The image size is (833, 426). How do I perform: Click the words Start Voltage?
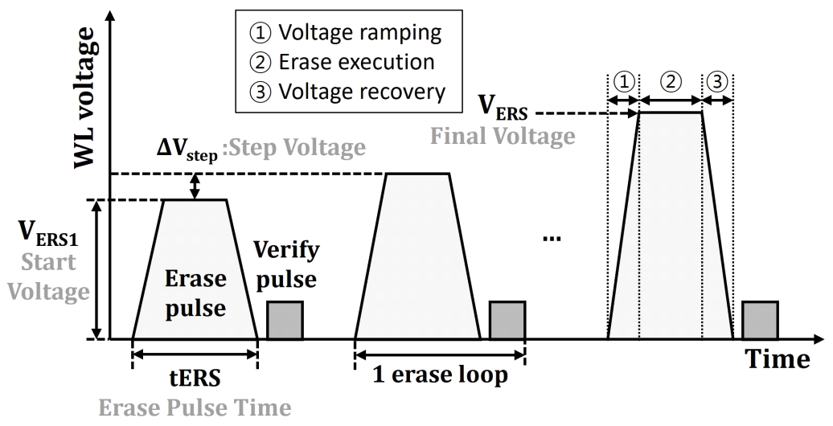(49, 276)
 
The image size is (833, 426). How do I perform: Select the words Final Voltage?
(503, 136)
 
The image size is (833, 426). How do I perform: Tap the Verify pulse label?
(286, 264)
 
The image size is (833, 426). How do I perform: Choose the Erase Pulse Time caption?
(194, 409)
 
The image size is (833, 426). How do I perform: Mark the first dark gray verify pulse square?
(285, 319)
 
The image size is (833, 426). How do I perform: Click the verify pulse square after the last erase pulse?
(760, 319)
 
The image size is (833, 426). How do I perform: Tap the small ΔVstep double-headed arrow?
(193, 186)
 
